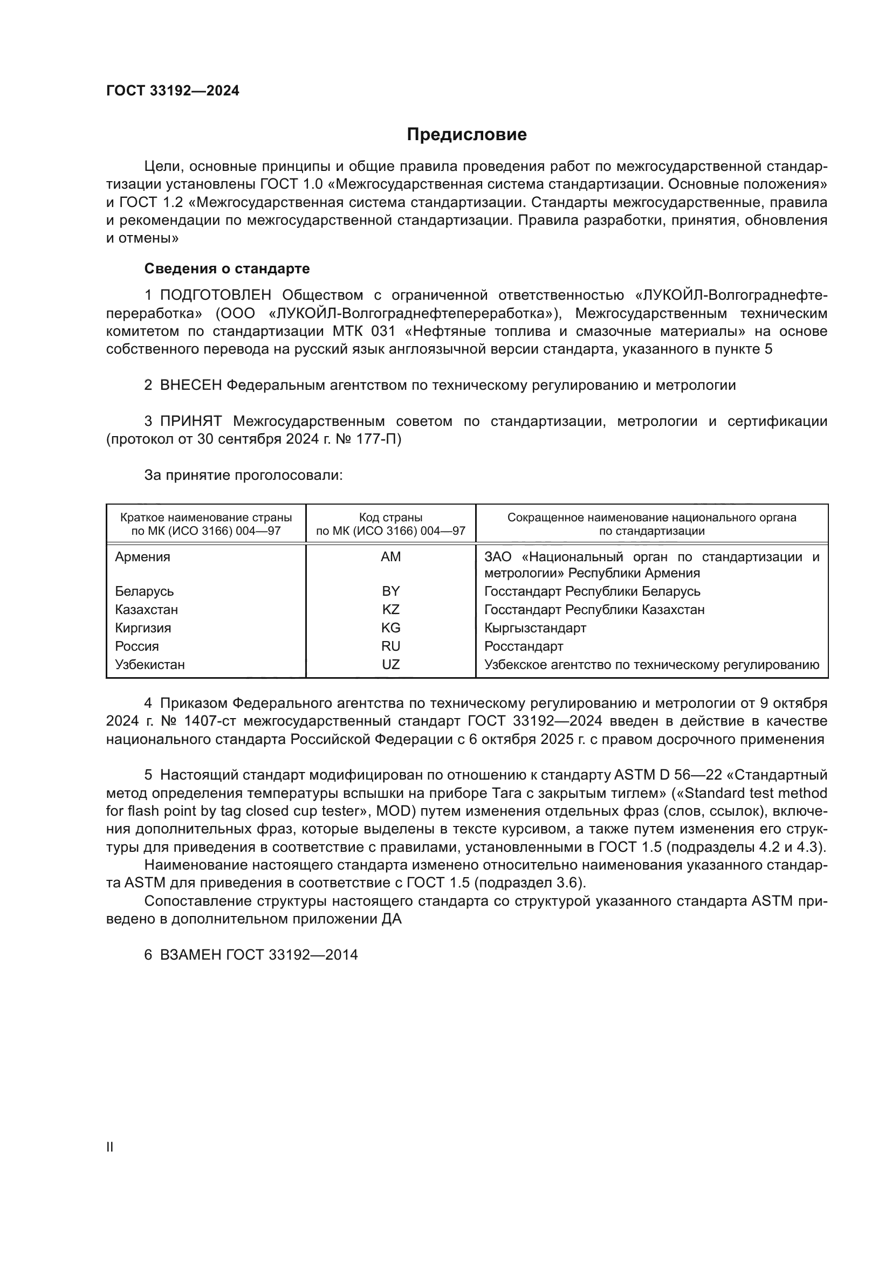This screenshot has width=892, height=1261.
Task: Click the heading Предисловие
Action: [x=466, y=135]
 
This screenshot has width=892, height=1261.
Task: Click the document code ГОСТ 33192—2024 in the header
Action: [x=173, y=91]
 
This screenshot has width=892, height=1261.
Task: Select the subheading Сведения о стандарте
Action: [x=227, y=268]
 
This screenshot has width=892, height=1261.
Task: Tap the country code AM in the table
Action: [x=390, y=557]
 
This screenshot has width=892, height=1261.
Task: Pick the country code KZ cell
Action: [x=390, y=610]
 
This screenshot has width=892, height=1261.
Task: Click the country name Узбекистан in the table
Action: [x=149, y=665]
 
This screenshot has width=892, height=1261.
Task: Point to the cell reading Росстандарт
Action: [x=524, y=646]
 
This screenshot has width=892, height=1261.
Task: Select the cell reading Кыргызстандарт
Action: [x=535, y=628]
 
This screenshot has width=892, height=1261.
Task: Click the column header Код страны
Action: [x=390, y=518]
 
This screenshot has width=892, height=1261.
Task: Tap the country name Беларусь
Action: [x=144, y=591]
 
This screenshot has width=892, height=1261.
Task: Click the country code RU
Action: [x=390, y=646]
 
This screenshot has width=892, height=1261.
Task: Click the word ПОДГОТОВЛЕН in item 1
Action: [x=215, y=295]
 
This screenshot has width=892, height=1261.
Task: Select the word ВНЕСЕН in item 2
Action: [x=190, y=385]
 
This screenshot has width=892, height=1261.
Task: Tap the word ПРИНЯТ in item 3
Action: [x=190, y=422]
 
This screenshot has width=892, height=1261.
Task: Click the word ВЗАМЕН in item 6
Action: [x=190, y=955]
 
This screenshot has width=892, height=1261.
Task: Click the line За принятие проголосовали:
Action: [x=243, y=476]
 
